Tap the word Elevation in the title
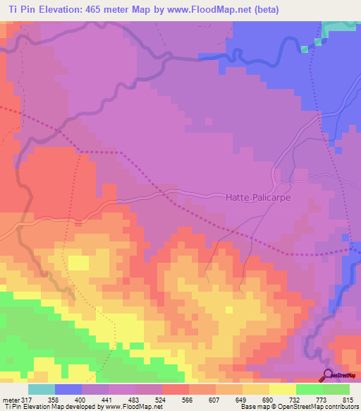(x=61, y=9)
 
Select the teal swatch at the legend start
(x=41, y=389)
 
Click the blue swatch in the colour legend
(x=68, y=389)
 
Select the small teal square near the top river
(x=305, y=49)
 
